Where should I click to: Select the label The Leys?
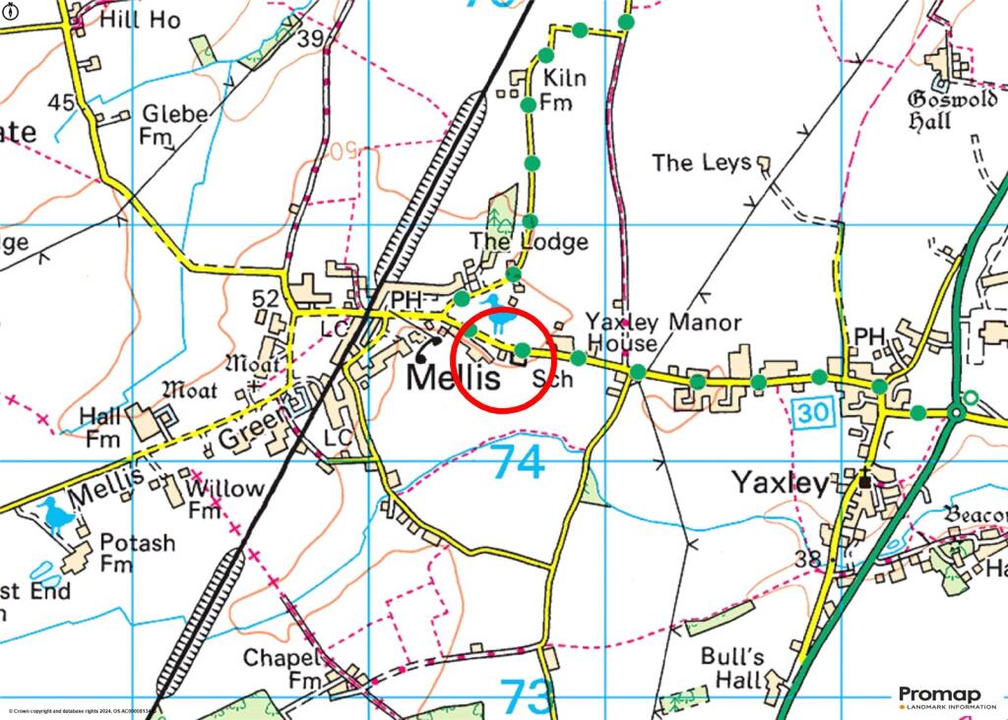[701, 162]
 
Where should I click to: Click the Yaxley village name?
[780, 483]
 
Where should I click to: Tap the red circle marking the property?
[503, 358]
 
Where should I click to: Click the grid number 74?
[518, 462]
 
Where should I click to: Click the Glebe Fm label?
[173, 125]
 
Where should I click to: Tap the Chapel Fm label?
[283, 668]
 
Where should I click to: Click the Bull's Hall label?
[731, 667]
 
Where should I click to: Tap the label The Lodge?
[528, 241]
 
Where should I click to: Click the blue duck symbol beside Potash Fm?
[57, 513]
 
